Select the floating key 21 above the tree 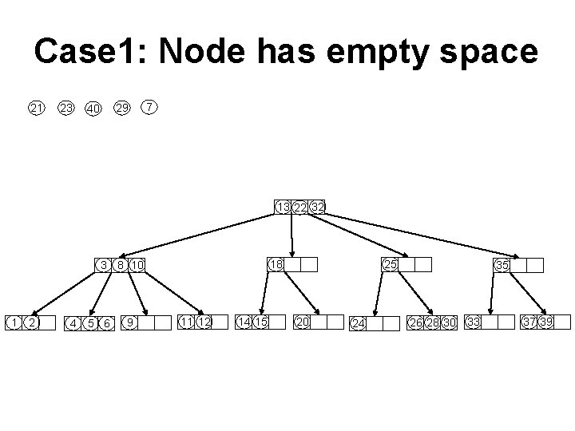[x=37, y=108]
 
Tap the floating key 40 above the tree [x=93, y=109]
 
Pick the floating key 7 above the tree [x=149, y=106]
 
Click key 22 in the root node [x=299, y=208]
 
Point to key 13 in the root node [x=283, y=208]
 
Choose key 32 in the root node [x=317, y=208]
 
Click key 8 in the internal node [x=120, y=265]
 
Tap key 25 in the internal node [x=390, y=264]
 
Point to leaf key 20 [x=302, y=322]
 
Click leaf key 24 [x=359, y=323]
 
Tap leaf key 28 [x=432, y=322]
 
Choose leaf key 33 [x=474, y=322]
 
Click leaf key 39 [x=545, y=322]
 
